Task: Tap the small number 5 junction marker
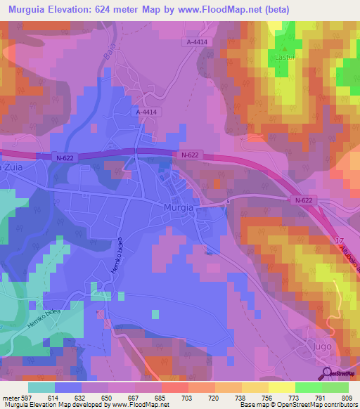point(228,202)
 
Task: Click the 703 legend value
point(186,397)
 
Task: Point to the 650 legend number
point(108,397)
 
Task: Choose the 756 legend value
point(266,397)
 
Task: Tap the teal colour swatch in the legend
point(41,387)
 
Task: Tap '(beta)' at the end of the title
point(274,10)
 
